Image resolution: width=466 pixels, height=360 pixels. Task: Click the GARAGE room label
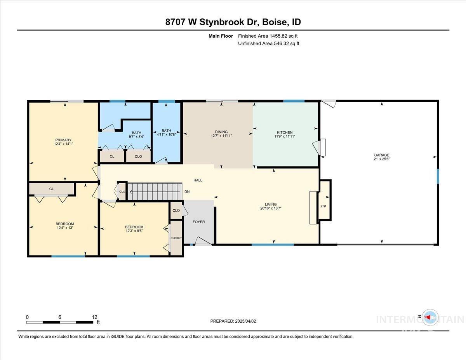pyautogui.click(x=382, y=155)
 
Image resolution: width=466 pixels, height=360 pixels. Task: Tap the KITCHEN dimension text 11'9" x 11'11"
pyautogui.click(x=284, y=136)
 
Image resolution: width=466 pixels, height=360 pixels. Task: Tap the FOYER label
pyautogui.click(x=198, y=222)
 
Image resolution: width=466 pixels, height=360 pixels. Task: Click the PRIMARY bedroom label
pyautogui.click(x=63, y=140)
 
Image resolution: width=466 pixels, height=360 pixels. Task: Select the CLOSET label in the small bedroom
pyautogui.click(x=176, y=238)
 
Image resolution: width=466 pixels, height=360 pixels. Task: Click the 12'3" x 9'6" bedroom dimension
pyautogui.click(x=134, y=231)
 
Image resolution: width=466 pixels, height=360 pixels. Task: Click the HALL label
pyautogui.click(x=198, y=180)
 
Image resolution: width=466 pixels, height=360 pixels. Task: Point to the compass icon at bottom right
pyautogui.click(x=429, y=317)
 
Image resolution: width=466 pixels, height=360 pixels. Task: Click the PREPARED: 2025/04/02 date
pyautogui.click(x=233, y=321)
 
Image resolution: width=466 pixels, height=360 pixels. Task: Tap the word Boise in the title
pyautogui.click(x=275, y=22)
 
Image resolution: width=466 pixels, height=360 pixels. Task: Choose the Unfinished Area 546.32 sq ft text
pyautogui.click(x=269, y=43)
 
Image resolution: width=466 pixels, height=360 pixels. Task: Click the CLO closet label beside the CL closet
pyautogui.click(x=138, y=157)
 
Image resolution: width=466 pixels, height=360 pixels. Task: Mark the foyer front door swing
pyautogui.click(x=203, y=242)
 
